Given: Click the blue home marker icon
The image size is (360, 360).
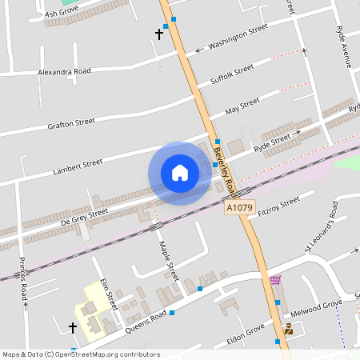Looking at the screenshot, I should pos(180,173).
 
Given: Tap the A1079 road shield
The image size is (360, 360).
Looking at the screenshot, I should pos(238,207).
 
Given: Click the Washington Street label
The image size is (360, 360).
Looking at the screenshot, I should pos(238,38).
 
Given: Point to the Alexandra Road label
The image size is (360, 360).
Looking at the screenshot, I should pos(65,71).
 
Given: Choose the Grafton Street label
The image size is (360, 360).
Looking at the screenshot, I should pos(71,123).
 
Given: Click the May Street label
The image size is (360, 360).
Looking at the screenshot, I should pos(242,106).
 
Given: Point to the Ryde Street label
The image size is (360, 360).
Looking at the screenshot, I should pos(272,144).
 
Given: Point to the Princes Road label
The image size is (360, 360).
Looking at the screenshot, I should pos(23,276).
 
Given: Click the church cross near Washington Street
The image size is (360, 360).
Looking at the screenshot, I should pos(158,34).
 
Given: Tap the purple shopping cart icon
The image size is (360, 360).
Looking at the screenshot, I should pos(275,280).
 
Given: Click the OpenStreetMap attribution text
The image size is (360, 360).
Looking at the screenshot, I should pos(81,354).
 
